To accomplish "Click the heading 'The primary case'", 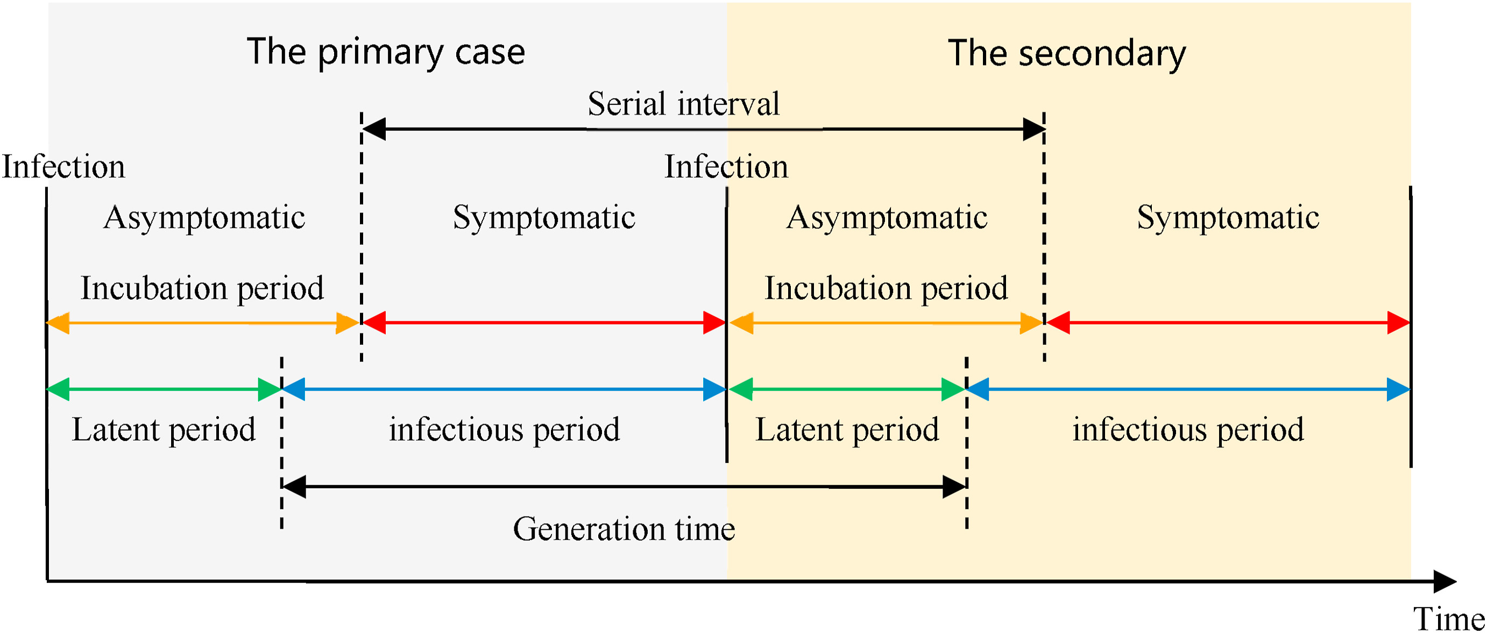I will click(386, 52).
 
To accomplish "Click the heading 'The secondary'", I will click(1067, 54).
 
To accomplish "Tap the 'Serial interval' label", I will click(683, 104).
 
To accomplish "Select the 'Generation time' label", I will click(624, 529).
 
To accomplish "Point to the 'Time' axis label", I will click(1448, 619).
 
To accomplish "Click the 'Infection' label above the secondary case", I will click(726, 167).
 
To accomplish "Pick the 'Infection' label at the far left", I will click(63, 167).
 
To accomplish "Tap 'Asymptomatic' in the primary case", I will click(204, 217).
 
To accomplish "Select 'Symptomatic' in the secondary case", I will click(1228, 217).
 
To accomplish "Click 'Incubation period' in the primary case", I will click(202, 288).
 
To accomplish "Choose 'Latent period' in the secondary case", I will click(847, 429).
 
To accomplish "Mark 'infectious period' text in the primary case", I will click(504, 429).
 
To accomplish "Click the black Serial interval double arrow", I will click(703, 129).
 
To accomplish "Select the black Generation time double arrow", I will click(624, 486).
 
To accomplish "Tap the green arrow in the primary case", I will click(164, 389).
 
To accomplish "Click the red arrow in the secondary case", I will click(1228, 323).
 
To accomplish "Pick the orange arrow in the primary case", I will click(202, 323).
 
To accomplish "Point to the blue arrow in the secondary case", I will click(1188, 389).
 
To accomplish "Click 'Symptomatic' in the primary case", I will click(544, 217).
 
